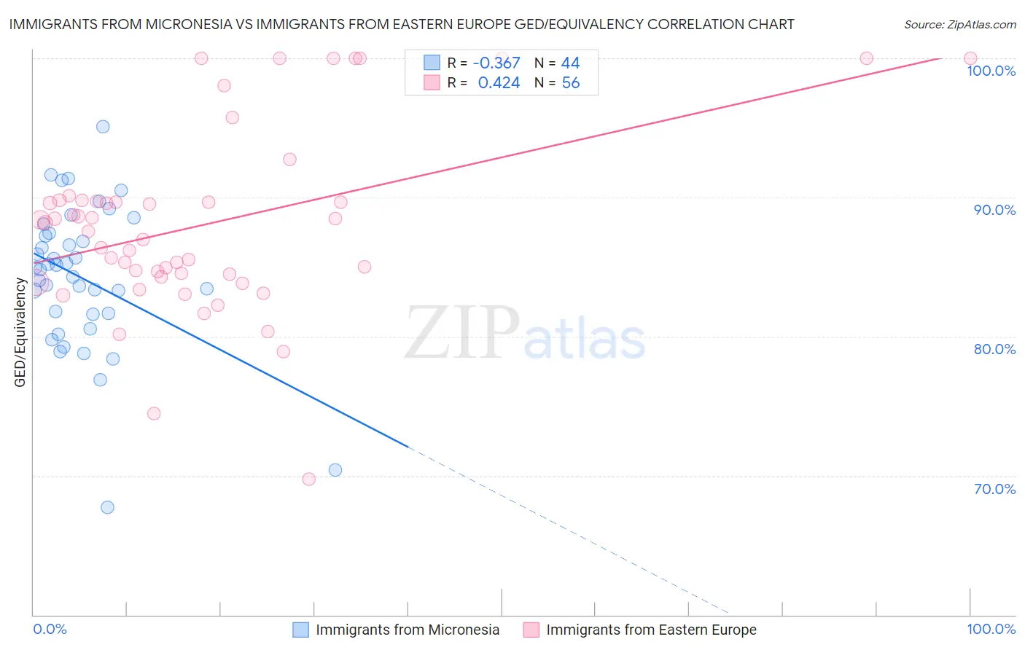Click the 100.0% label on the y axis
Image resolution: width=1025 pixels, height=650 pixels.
click(x=991, y=71)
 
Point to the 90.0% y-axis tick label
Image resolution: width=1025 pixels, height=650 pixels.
click(x=994, y=210)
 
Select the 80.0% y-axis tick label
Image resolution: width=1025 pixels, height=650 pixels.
click(x=994, y=349)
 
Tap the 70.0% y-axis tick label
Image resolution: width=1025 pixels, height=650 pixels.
click(x=994, y=489)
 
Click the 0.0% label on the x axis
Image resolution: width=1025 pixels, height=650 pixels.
click(x=50, y=629)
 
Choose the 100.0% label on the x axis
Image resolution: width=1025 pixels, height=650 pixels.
click(x=991, y=629)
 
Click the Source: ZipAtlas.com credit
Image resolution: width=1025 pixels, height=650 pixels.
click(x=959, y=25)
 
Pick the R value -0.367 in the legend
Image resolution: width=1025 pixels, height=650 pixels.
click(x=496, y=63)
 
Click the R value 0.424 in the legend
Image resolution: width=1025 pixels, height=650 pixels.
click(x=499, y=83)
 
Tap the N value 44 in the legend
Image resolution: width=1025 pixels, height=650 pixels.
click(x=570, y=63)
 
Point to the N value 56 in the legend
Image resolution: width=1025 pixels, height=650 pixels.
click(x=570, y=83)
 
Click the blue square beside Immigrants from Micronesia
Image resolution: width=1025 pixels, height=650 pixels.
click(x=301, y=630)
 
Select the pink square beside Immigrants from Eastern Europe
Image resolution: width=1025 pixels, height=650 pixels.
click(x=531, y=630)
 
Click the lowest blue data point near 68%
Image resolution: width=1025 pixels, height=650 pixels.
click(x=107, y=507)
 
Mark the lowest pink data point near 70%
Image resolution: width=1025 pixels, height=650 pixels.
click(x=308, y=479)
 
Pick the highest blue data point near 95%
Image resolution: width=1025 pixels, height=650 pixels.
click(x=103, y=127)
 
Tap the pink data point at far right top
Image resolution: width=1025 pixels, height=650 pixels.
click(x=970, y=58)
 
